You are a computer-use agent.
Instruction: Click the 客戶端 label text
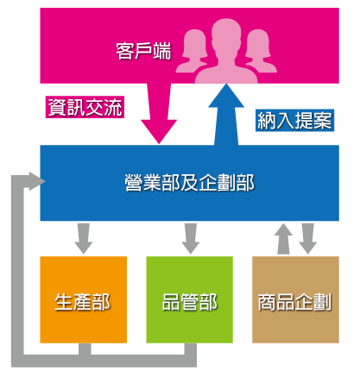click(x=143, y=51)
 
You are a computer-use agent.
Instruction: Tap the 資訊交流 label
click(x=85, y=107)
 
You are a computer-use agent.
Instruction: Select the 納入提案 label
click(x=294, y=120)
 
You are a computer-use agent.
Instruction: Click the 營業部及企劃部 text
click(x=190, y=183)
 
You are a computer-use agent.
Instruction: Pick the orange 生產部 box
click(x=84, y=299)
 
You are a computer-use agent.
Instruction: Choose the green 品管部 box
click(x=190, y=299)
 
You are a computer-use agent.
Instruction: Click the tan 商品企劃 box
click(x=295, y=299)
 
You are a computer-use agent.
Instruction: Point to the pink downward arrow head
click(x=159, y=131)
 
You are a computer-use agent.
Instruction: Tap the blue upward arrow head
click(x=226, y=97)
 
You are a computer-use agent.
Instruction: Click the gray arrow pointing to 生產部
click(x=84, y=238)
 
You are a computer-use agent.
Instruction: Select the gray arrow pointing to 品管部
click(x=191, y=238)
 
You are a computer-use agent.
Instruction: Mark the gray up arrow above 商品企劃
click(x=283, y=239)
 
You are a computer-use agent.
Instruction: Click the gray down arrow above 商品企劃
click(x=308, y=238)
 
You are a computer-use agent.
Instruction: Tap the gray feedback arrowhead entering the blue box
click(x=37, y=181)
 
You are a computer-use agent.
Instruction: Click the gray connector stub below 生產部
click(x=85, y=349)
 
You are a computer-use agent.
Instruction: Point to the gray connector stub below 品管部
click(x=191, y=349)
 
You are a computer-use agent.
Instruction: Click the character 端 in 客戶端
click(x=162, y=51)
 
